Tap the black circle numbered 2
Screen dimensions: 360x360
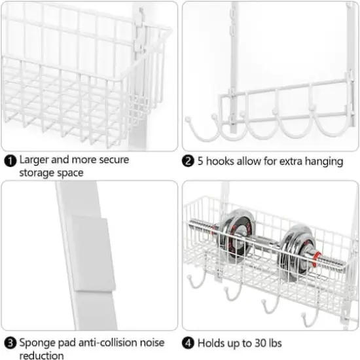(x=188, y=161)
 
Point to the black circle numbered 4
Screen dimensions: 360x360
(x=188, y=342)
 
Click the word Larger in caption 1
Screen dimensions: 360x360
(x=35, y=160)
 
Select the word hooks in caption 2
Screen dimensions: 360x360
(x=223, y=161)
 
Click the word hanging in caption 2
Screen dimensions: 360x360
(x=323, y=161)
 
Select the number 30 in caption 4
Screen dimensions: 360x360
(x=268, y=342)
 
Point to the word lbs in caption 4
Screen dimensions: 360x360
(x=286, y=342)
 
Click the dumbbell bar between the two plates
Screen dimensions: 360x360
(x=265, y=243)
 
